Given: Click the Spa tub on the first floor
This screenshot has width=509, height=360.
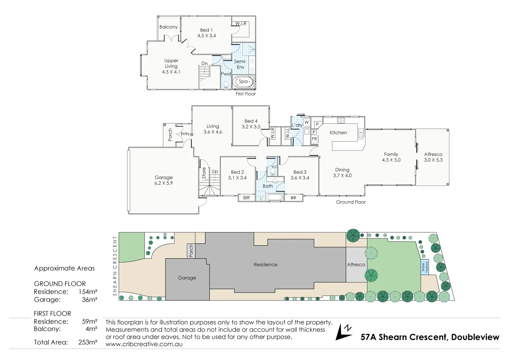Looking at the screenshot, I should pyautogui.click(x=244, y=82).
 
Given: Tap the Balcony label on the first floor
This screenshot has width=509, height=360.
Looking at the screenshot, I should pyautogui.click(x=168, y=27).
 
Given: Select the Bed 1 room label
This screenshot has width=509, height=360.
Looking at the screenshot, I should pyautogui.click(x=206, y=30).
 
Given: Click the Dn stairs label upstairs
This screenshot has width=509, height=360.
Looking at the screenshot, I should pyautogui.click(x=204, y=64).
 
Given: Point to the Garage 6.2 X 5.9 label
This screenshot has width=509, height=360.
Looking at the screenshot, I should pyautogui.click(x=164, y=180).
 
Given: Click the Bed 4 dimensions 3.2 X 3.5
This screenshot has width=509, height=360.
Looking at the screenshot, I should pyautogui.click(x=251, y=127).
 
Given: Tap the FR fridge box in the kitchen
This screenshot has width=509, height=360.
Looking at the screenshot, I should pyautogui.click(x=314, y=139).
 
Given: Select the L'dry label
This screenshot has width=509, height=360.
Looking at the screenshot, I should pyautogui.click(x=297, y=125).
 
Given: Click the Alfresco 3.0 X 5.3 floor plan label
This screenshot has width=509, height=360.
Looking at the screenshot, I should pyautogui.click(x=433, y=157).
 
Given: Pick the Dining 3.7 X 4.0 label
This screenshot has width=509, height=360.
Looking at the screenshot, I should pyautogui.click(x=342, y=173).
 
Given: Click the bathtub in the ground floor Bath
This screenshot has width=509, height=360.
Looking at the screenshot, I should pyautogui.click(x=274, y=197).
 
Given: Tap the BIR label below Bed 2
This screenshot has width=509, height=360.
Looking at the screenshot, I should pyautogui.click(x=247, y=198).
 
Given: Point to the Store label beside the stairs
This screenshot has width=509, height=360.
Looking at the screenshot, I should pyautogui.click(x=204, y=173).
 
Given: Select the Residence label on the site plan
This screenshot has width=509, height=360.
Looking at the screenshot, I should pyautogui.click(x=265, y=264).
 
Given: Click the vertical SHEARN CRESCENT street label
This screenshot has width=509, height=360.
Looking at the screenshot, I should pyautogui.click(x=115, y=266).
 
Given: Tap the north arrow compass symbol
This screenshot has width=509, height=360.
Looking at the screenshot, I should pyautogui.click(x=343, y=332).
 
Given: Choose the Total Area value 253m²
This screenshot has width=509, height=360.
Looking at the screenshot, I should pyautogui.click(x=88, y=342).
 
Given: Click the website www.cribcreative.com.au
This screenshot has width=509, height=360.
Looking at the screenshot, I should pyautogui.click(x=144, y=344).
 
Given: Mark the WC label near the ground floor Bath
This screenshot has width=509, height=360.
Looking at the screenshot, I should pyautogui.click(x=274, y=167).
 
